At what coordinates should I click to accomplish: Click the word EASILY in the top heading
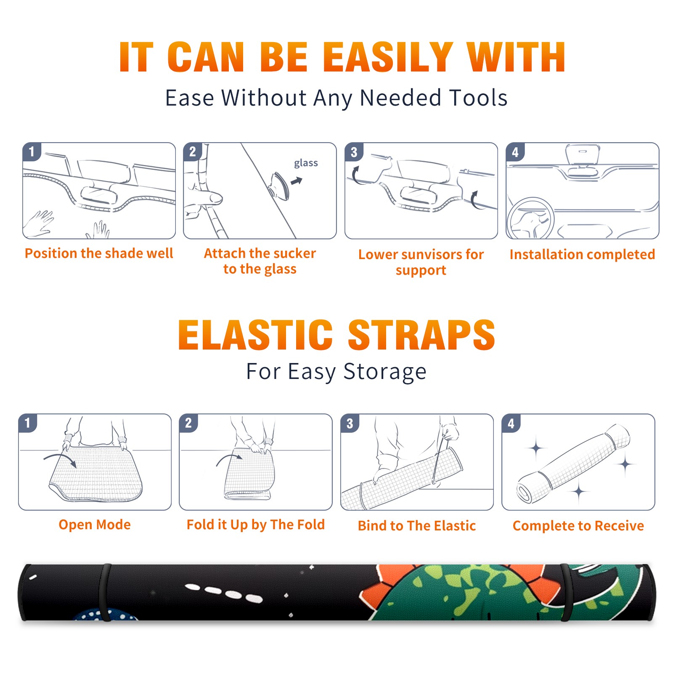click(x=388, y=57)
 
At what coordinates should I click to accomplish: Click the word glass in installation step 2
click(x=306, y=163)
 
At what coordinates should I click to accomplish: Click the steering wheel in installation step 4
click(x=531, y=218)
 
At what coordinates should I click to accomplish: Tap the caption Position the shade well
click(x=99, y=253)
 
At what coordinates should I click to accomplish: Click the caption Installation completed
click(x=582, y=254)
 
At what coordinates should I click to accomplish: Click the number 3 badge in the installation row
click(x=354, y=152)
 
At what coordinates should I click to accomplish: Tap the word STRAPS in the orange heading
click(x=421, y=335)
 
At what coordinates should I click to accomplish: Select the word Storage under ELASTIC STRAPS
click(x=385, y=372)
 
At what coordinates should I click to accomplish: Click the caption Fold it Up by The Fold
click(x=256, y=525)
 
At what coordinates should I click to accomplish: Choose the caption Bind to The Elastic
click(x=417, y=526)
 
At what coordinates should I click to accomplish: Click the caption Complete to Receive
click(x=578, y=526)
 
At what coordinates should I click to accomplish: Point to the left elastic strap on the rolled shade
click(x=105, y=593)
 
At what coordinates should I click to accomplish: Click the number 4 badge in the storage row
click(x=511, y=423)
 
